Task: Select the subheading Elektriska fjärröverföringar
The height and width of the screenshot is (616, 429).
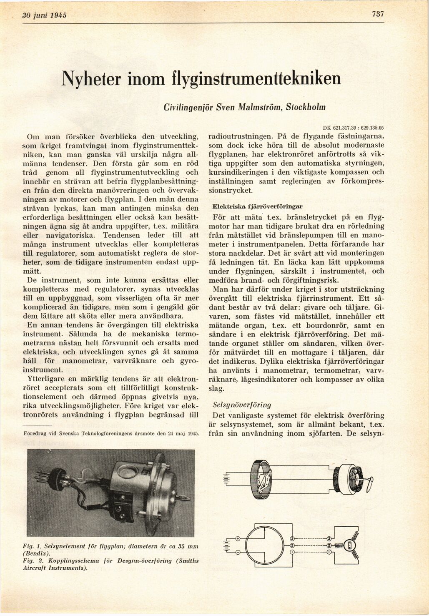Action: tap(258, 206)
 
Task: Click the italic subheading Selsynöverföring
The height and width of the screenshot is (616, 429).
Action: tap(242, 405)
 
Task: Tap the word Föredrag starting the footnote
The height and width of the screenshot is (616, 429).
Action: tap(35, 433)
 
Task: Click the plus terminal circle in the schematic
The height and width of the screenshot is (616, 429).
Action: tap(238, 538)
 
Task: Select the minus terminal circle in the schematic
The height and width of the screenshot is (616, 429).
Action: tap(238, 552)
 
